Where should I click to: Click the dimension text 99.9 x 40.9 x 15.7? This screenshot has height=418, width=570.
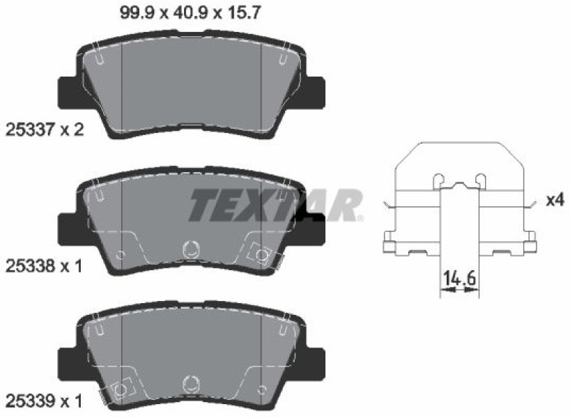[190, 13]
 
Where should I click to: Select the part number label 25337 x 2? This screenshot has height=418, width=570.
[45, 130]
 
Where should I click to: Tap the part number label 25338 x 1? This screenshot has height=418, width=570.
[44, 266]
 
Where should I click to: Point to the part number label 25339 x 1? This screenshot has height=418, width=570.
[44, 401]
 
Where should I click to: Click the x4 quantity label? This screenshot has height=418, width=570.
[555, 200]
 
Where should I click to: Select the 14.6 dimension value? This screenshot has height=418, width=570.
[459, 279]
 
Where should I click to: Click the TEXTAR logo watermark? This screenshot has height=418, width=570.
[275, 205]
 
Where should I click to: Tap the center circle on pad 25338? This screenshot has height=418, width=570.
[190, 249]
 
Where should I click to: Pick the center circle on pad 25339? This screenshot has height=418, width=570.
[190, 383]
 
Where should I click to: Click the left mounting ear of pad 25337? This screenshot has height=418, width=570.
[68, 93]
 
